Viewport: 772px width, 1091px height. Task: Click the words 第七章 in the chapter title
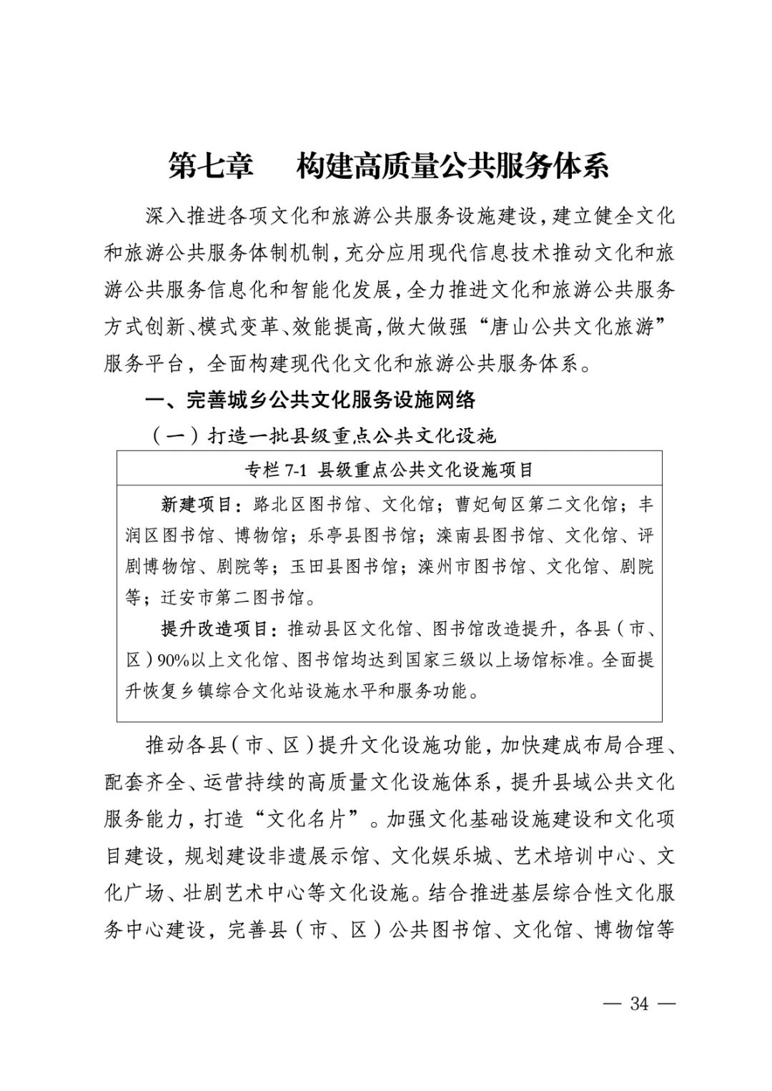tap(212, 167)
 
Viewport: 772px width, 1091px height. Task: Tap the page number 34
tap(638, 1003)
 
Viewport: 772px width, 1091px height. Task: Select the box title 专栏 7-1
tap(276, 470)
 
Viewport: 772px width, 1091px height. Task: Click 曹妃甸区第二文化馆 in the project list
tap(537, 505)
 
